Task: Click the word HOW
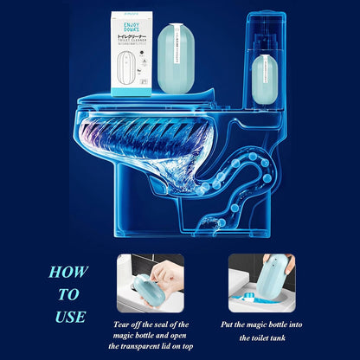point(68,272)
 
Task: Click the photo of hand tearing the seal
point(150,283)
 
